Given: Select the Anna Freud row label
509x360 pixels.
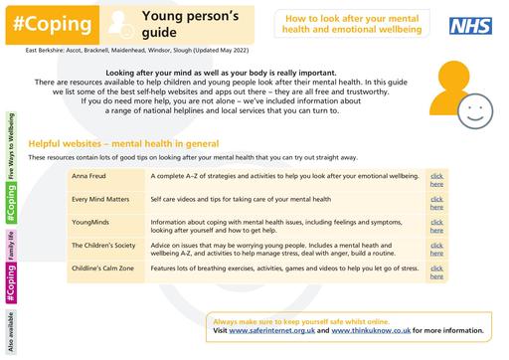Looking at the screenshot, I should pos(86,176).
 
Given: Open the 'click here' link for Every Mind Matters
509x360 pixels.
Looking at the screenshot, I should pos(437,203).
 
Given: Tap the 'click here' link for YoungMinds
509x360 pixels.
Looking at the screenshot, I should pos(437,228).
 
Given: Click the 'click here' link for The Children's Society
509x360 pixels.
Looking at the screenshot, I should pos(437,251).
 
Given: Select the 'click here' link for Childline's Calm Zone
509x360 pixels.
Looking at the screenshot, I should pos(437,273).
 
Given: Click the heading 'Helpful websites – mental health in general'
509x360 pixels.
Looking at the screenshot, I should pos(133,143).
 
